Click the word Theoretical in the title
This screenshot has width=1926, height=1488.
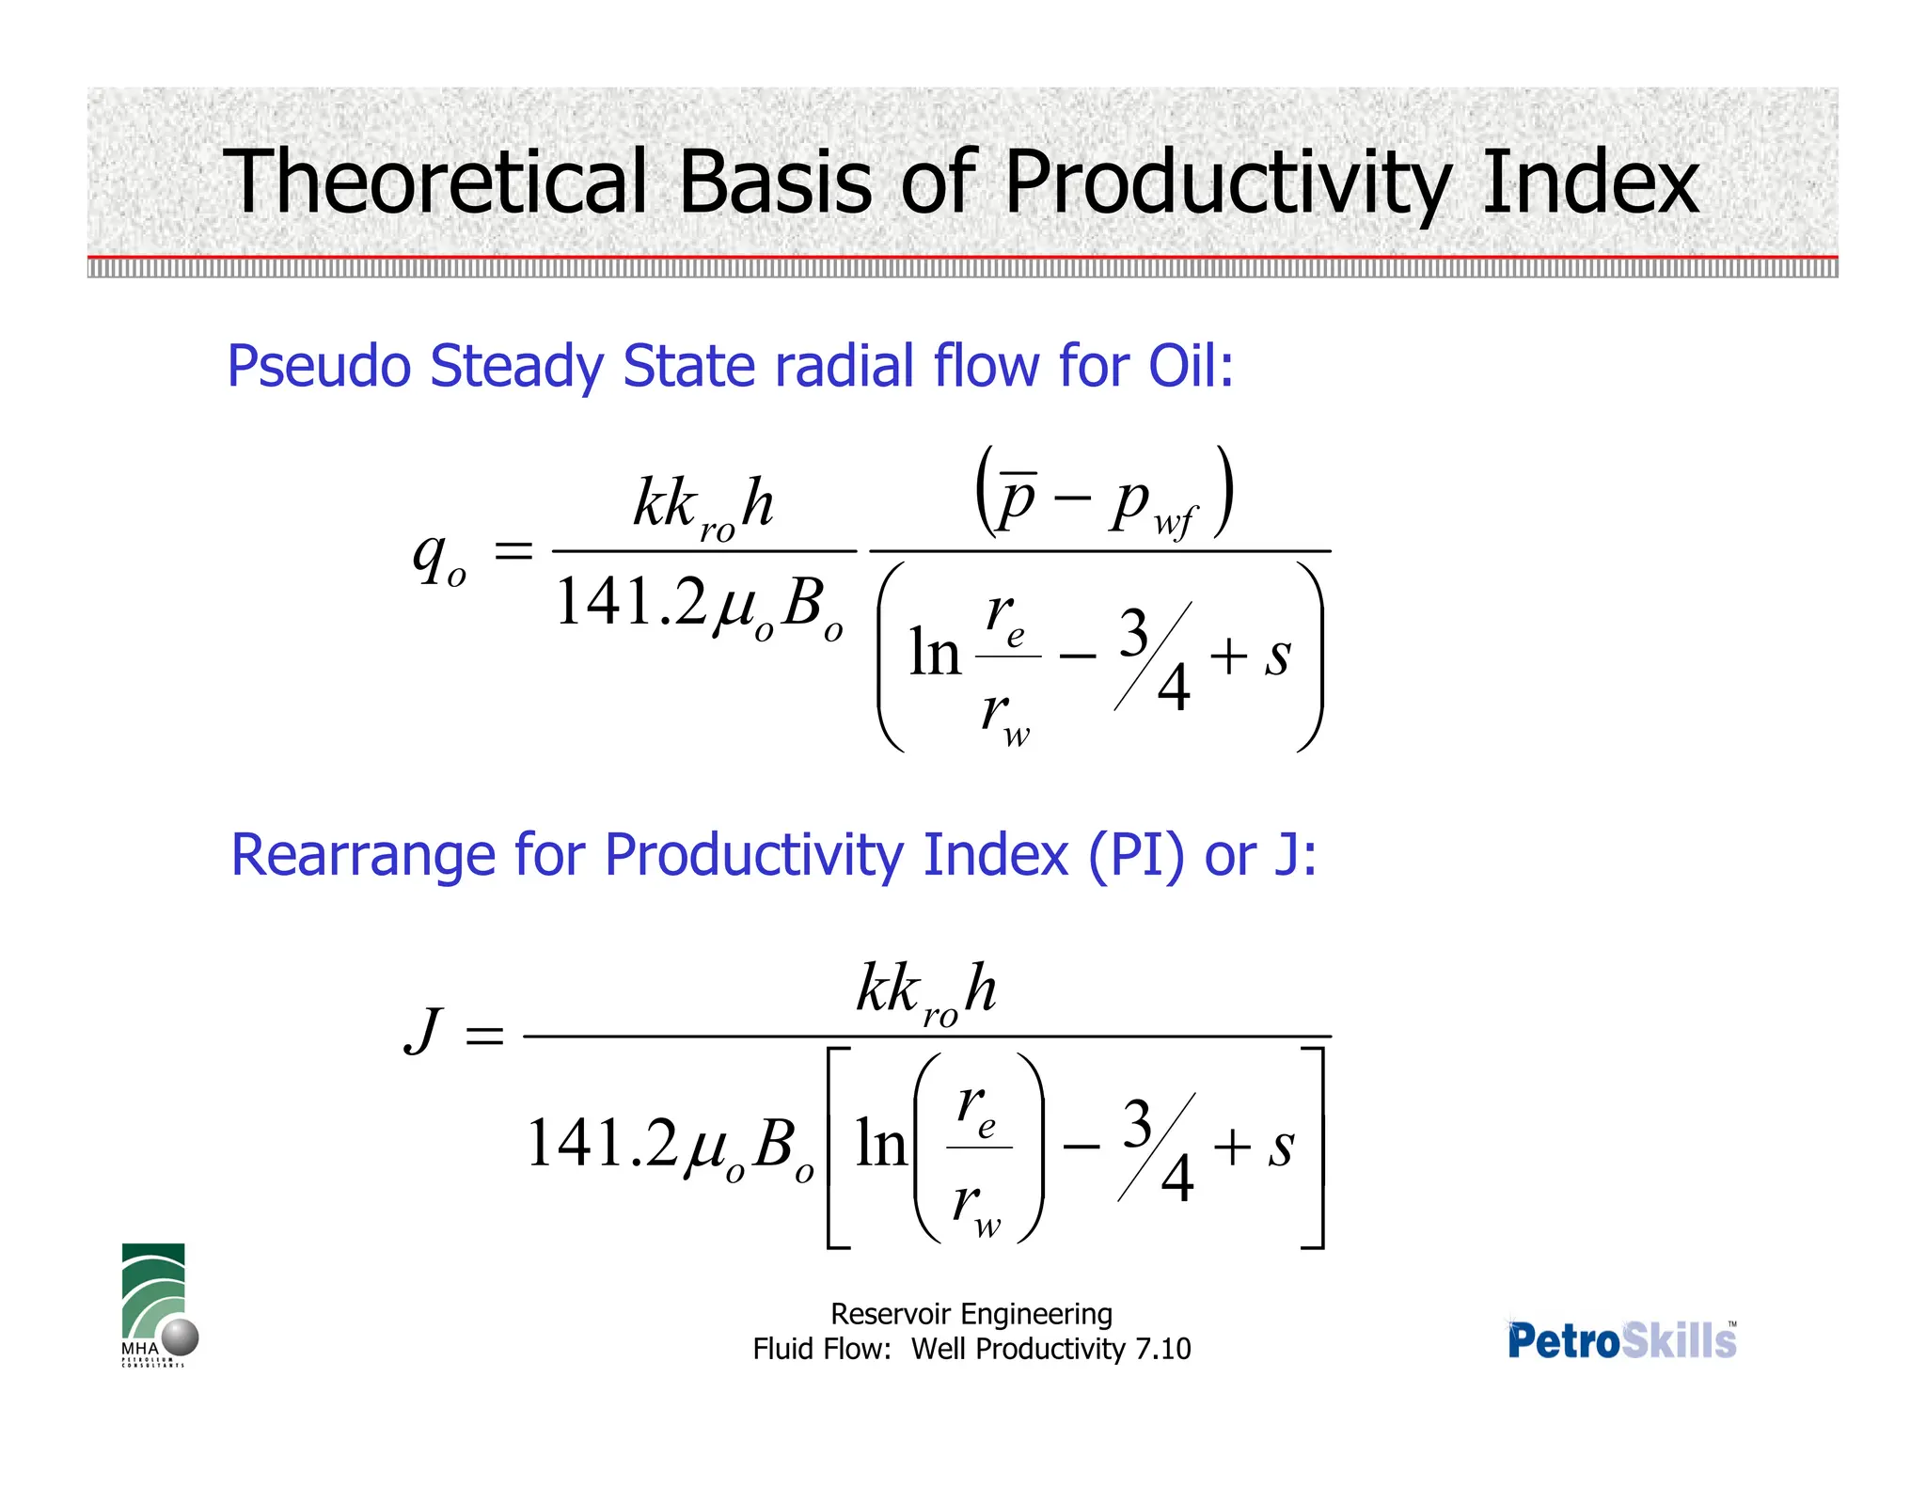click(434, 182)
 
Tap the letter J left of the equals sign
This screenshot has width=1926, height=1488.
click(424, 1032)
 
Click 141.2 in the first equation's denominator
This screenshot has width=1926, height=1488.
click(630, 602)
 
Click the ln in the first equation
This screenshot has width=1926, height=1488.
click(934, 653)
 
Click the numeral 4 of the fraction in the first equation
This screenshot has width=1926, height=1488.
click(1174, 687)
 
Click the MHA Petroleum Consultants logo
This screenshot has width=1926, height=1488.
click(156, 1306)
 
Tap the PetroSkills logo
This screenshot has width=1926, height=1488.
click(1621, 1340)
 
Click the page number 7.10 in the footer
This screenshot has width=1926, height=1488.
click(1162, 1349)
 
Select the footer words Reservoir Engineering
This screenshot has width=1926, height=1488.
click(971, 1314)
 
